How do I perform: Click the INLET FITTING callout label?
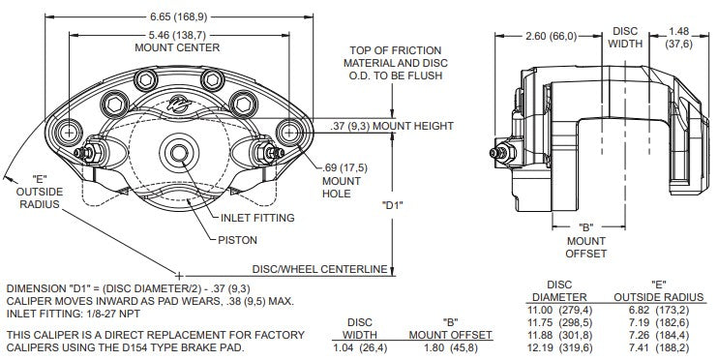[257, 218]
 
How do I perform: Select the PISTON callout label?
[237, 240]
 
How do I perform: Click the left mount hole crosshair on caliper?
[69, 133]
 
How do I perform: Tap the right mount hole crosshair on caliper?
[289, 133]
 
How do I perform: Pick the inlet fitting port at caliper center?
[179, 152]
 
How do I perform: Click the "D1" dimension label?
[392, 205]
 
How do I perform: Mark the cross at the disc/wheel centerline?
[179, 276]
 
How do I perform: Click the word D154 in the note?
[159, 347]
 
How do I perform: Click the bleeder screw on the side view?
[502, 153]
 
